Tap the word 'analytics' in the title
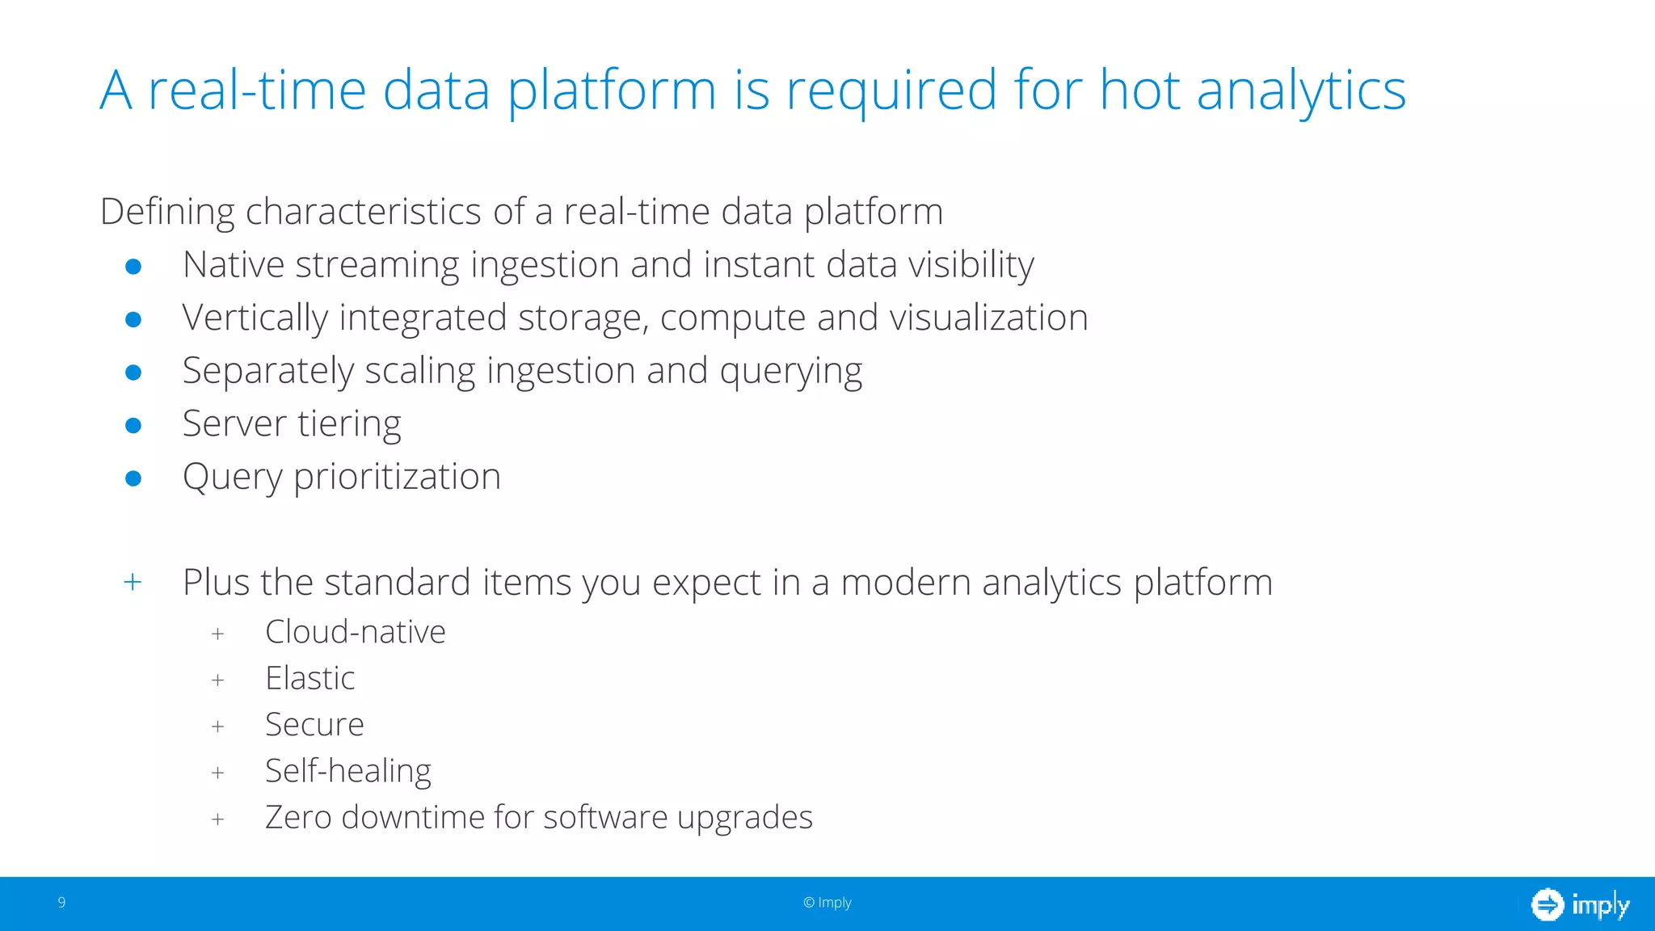[x=1301, y=91]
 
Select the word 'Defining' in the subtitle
[x=167, y=213]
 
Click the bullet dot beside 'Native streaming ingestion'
[x=133, y=266]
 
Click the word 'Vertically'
[x=255, y=318]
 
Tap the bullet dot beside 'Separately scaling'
[x=133, y=372]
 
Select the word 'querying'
[x=790, y=373]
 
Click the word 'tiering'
[x=349, y=425]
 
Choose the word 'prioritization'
[x=397, y=478]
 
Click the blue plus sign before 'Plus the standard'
[x=133, y=582]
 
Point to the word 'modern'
[x=905, y=583]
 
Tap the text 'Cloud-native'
[x=355, y=632]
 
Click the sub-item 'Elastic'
[x=310, y=678]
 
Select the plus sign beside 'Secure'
[x=217, y=727]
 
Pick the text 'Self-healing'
[x=347, y=772]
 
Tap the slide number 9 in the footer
[x=61, y=902]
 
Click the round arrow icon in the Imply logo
[x=1548, y=904]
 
